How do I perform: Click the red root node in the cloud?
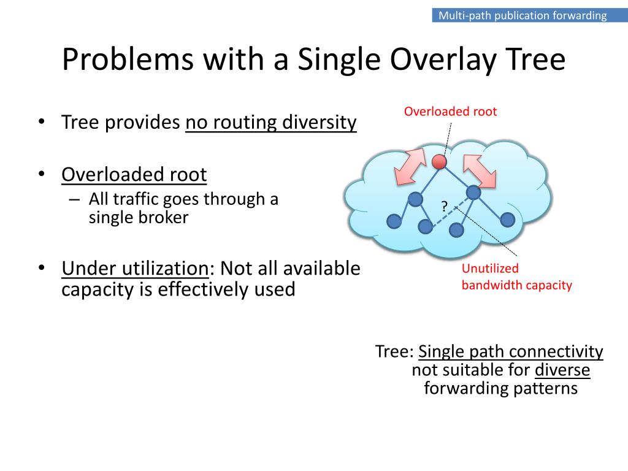(438, 162)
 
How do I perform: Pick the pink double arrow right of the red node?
(480, 169)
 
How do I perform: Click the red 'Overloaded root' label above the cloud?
(450, 112)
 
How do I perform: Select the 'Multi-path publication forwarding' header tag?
(523, 15)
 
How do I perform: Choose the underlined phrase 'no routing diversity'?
(270, 123)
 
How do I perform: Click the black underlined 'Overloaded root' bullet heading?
(134, 175)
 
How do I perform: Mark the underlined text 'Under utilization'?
(135, 269)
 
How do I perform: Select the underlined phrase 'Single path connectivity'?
(510, 351)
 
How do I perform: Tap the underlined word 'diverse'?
(562, 370)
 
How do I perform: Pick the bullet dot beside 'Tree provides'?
(41, 122)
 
